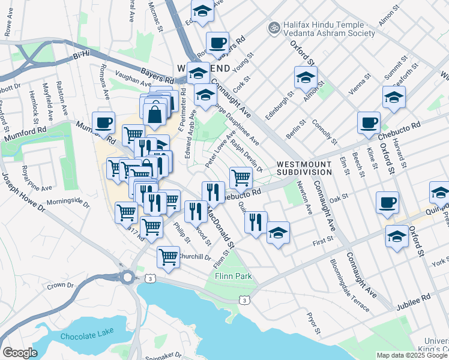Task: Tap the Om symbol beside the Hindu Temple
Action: pos(274,27)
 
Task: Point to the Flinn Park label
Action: pos(233,277)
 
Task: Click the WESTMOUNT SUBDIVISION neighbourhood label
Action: pos(304,168)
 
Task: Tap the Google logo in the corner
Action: pos(20,353)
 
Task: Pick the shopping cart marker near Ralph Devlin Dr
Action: pos(241,176)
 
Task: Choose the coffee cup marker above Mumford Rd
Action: pos(103,122)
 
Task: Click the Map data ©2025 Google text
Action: pos(412,355)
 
